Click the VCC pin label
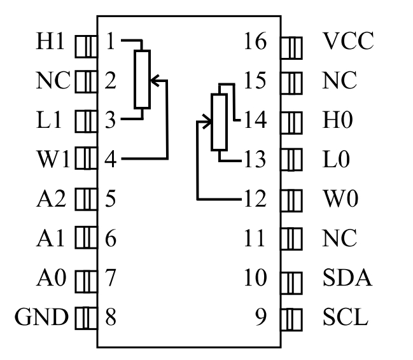[347, 43]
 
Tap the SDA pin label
[347, 277]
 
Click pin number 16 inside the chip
[256, 43]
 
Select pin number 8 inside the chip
[110, 316]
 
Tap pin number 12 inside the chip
[256, 199]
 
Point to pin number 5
[110, 199]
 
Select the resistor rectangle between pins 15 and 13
[218, 121]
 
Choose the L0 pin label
[337, 160]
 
